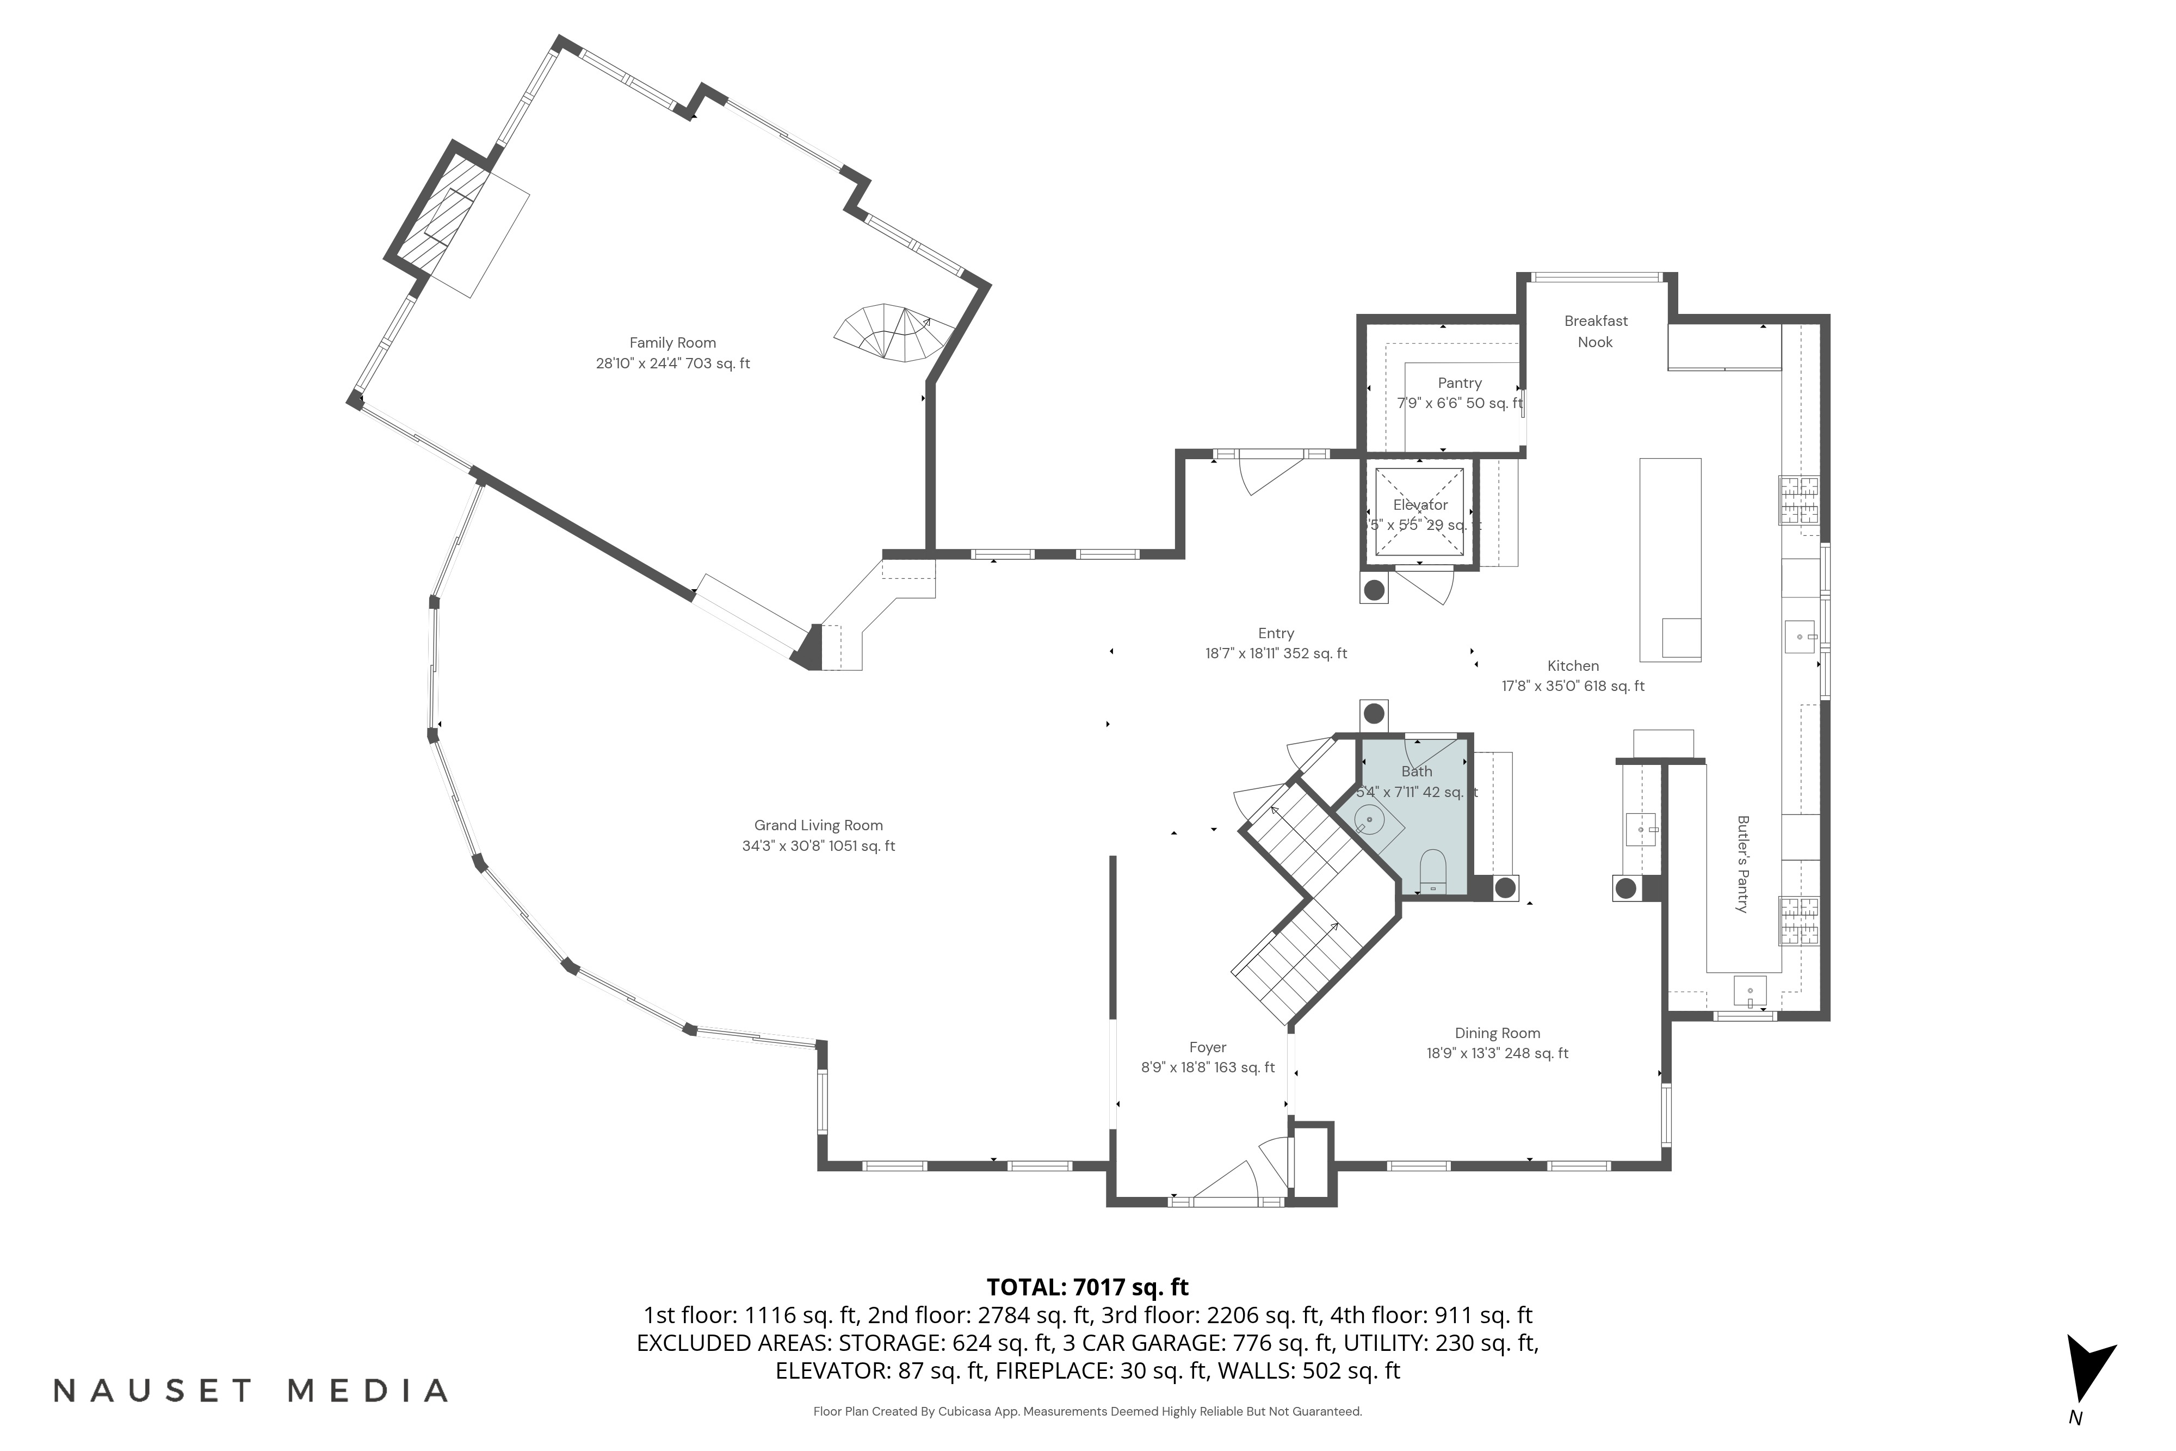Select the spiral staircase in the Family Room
tap(893, 333)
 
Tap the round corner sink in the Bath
tap(1369, 820)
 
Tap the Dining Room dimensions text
tap(1497, 1053)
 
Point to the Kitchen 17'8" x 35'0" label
tap(1573, 676)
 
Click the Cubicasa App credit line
tap(1087, 1411)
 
